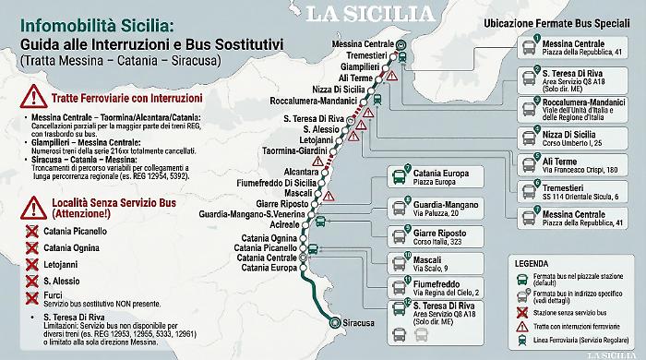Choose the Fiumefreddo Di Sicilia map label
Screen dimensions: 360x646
click(282, 183)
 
